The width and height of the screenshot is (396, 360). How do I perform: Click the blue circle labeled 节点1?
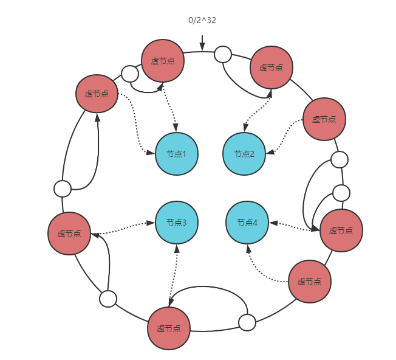click(177, 154)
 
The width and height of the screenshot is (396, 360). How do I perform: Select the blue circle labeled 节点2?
click(244, 154)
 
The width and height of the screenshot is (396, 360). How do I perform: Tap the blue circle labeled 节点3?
click(177, 223)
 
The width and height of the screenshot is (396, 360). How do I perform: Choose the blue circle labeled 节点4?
click(247, 223)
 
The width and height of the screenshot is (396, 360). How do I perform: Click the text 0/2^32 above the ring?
click(202, 20)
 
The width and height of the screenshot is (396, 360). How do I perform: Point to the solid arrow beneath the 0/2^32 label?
click(202, 43)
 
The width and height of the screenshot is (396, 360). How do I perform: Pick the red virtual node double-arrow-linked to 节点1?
click(163, 61)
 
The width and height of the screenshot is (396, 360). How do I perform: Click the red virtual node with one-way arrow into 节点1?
click(97, 94)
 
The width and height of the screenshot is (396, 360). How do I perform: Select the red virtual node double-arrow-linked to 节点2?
click(271, 67)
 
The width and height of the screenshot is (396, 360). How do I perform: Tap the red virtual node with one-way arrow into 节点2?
click(324, 119)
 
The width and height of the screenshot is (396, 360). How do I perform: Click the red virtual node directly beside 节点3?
click(69, 234)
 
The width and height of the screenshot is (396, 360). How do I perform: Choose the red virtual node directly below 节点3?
click(169, 328)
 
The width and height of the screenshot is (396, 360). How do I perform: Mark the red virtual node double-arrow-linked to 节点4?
click(341, 230)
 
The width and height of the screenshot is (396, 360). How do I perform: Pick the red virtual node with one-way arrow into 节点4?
click(309, 282)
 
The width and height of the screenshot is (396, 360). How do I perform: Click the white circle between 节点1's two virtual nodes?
click(130, 74)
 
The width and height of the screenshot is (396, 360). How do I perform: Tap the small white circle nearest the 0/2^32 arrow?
click(223, 54)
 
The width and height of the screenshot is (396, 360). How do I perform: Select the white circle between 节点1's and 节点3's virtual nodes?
click(63, 189)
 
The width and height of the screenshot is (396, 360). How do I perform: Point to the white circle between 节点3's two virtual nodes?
click(108, 299)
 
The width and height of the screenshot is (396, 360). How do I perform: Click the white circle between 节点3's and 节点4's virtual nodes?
click(247, 322)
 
